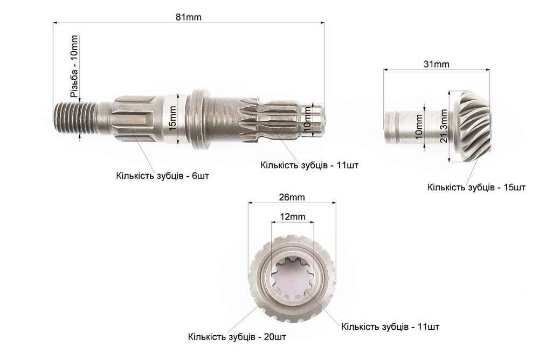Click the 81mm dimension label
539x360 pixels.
[x=188, y=17]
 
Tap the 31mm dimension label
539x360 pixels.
[x=436, y=64]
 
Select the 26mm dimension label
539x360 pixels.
[x=292, y=197]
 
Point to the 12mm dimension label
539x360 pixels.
[x=293, y=217]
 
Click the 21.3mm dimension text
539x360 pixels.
[x=444, y=126]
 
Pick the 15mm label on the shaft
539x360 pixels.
[x=172, y=118]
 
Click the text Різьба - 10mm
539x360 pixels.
[x=74, y=66]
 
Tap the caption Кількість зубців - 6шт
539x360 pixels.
[x=163, y=176]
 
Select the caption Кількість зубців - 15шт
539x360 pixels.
[x=476, y=188]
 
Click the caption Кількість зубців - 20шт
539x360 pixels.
[x=237, y=337]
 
